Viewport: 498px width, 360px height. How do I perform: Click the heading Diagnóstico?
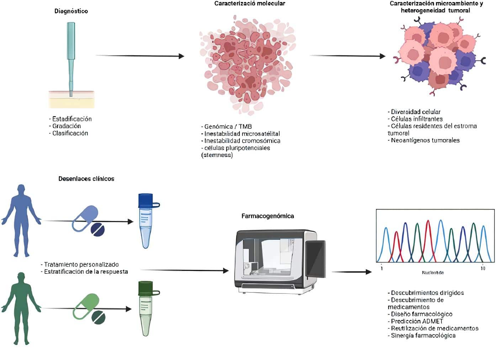[x=71, y=11]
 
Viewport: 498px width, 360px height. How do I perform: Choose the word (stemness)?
[x=217, y=155]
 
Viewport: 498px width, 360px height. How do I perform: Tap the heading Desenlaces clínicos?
[x=86, y=179]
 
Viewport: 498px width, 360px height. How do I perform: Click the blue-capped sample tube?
[x=146, y=221]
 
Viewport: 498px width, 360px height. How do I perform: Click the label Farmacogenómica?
[x=267, y=216]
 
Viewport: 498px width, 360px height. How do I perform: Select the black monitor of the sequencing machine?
[x=316, y=259]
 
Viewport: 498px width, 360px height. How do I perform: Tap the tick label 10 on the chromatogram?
[x=483, y=268]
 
